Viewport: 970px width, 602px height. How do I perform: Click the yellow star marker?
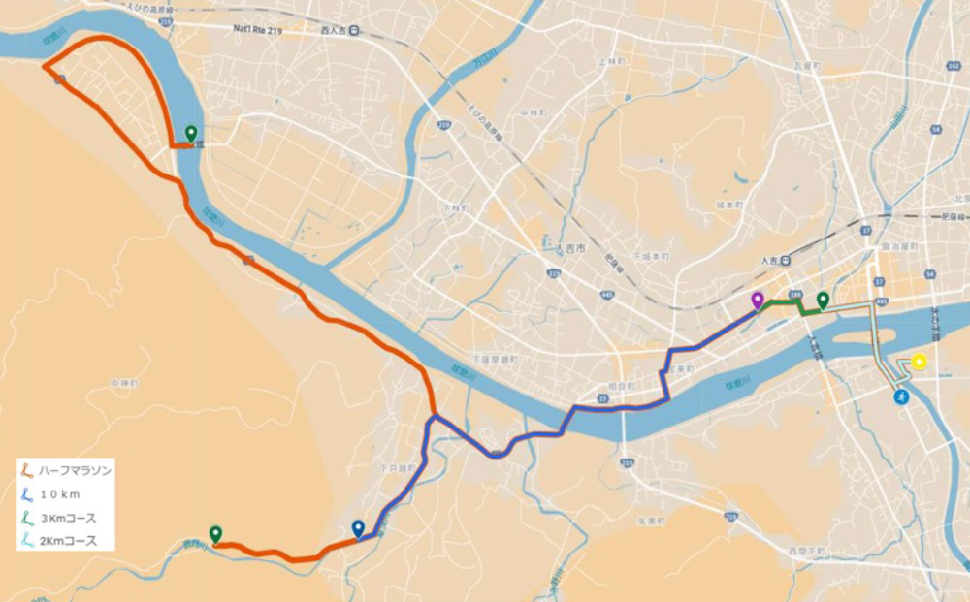coord(919,363)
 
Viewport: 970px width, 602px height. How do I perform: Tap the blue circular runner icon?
coord(902,397)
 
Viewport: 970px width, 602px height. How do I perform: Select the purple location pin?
coord(758,301)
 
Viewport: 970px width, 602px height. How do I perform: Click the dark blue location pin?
coord(358,528)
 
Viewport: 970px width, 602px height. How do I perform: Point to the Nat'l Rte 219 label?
coord(257,30)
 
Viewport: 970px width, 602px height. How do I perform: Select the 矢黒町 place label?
coord(650,522)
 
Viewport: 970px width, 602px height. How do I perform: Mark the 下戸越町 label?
coord(399,468)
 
